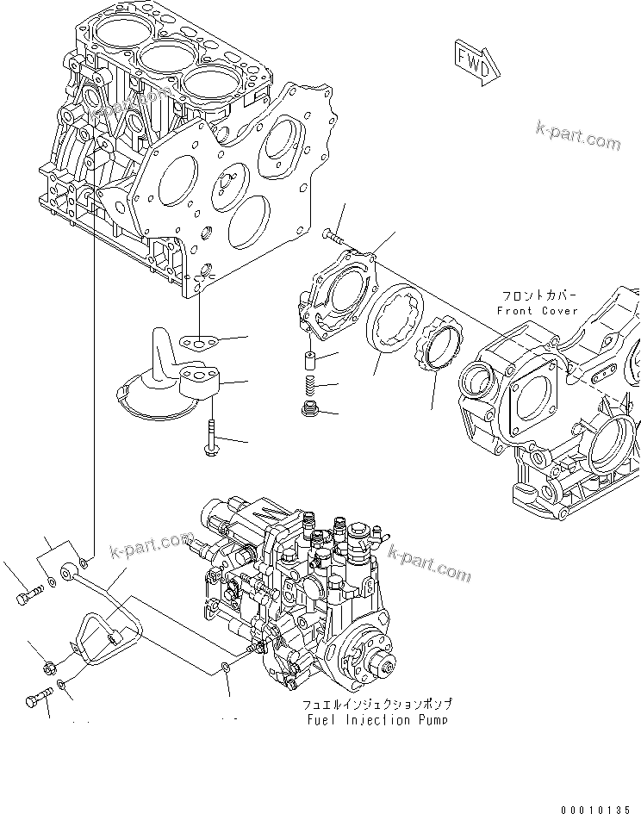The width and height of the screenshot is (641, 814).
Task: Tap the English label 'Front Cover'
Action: [x=538, y=310]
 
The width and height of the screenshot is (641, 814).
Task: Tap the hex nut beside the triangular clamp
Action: [x=49, y=665]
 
